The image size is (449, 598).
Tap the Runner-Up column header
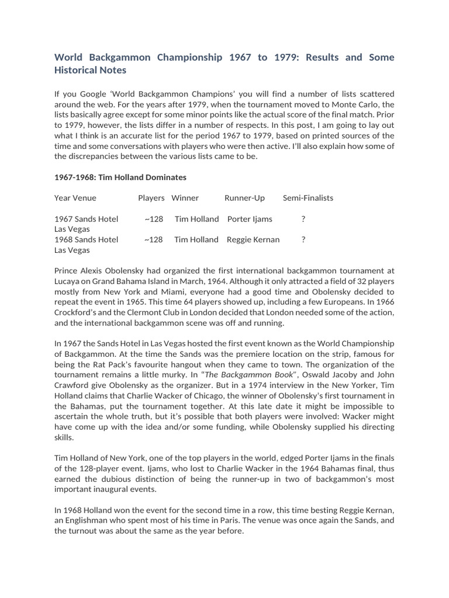click(244, 198)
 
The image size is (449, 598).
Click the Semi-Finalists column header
click(308, 198)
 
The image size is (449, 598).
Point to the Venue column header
click(84, 198)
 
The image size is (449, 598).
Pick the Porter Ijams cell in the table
click(250, 219)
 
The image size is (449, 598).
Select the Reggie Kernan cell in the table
click(253, 239)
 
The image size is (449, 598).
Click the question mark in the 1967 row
click(303, 219)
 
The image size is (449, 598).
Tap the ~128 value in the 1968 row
click(153, 239)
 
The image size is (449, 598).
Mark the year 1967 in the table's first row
click(63, 219)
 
